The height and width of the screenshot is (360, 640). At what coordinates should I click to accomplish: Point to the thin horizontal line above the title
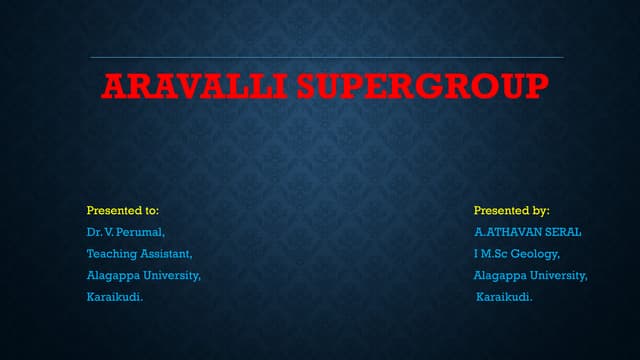[320, 57]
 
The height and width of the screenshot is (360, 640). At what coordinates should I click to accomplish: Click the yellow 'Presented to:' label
[123, 211]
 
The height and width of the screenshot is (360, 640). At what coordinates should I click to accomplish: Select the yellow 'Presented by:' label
[512, 211]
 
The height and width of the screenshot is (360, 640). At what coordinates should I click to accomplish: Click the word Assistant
[157, 254]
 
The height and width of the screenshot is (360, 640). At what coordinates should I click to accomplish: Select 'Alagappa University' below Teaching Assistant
[144, 275]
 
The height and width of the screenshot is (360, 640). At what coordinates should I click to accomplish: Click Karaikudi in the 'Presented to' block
[114, 297]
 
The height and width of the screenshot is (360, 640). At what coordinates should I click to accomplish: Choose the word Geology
[538, 254]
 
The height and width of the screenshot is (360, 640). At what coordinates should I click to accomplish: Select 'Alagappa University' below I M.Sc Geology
[531, 275]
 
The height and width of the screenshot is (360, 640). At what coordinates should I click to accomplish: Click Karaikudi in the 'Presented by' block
[504, 297]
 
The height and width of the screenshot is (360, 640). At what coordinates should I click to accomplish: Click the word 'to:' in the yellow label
[151, 211]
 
